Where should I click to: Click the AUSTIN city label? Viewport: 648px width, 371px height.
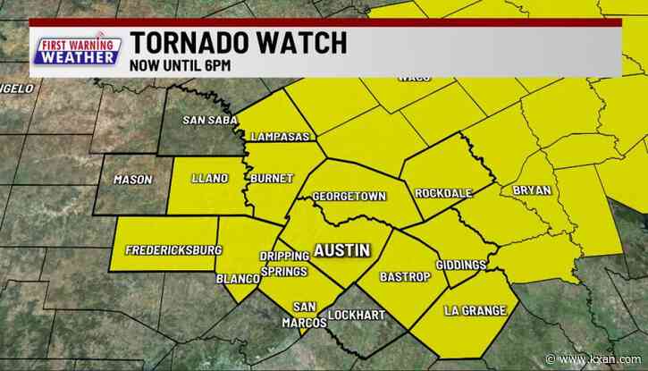coord(341,251)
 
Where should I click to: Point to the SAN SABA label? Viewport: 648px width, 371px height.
coord(207,121)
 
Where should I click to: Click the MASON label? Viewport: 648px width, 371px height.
coord(133,180)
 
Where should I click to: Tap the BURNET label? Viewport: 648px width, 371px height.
coord(272,179)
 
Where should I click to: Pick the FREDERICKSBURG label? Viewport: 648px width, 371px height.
coord(173,249)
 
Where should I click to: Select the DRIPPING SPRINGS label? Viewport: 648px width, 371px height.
coord(283,264)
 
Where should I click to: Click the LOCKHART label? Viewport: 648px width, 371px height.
coord(355,315)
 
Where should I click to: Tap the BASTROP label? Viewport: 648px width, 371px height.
coord(406,277)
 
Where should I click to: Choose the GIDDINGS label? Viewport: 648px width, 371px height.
coord(461,265)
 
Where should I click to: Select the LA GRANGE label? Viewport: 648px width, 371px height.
coord(475,311)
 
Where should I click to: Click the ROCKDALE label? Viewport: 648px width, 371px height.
coord(443,194)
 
